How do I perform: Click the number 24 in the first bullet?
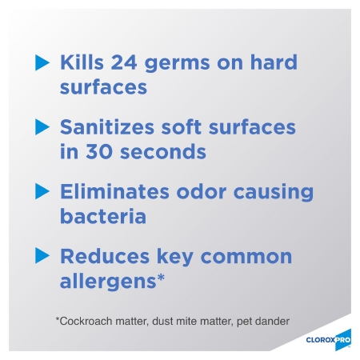point(124,62)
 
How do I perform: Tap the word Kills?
point(82,62)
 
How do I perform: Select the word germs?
point(177,64)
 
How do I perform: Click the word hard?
point(274,62)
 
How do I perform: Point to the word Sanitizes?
point(107,126)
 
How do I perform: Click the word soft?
point(181,126)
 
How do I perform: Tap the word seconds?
point(163,151)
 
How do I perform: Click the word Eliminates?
point(114,191)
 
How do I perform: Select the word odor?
point(202,191)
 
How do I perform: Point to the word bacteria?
point(103,216)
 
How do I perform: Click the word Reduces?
point(105,256)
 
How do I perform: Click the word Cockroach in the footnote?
point(86,321)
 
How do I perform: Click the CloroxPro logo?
point(329,340)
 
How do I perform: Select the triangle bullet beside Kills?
point(42,62)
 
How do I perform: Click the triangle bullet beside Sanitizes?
point(42,127)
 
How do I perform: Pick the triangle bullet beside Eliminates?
point(42,191)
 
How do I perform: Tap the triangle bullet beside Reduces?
point(42,256)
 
